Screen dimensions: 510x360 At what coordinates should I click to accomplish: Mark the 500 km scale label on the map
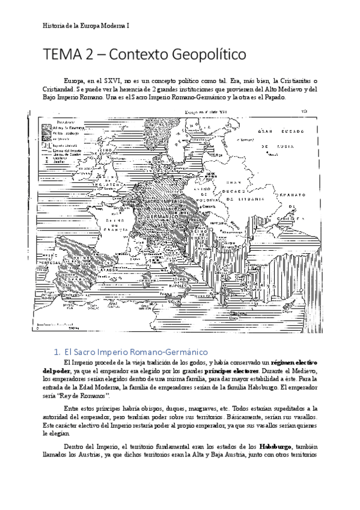(73, 328)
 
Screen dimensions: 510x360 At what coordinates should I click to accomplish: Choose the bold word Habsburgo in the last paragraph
(276, 447)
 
